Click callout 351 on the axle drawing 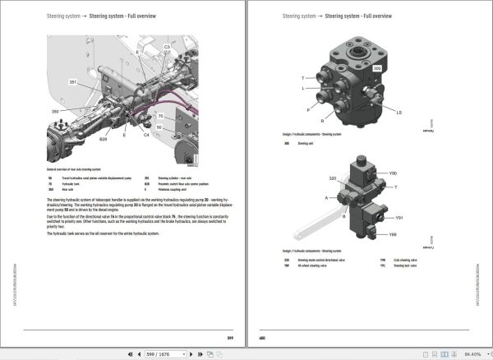point(72,83)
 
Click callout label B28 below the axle point(104,141)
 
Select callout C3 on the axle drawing point(167,48)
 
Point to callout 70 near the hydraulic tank point(161,117)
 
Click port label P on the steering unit point(309,108)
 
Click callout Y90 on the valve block point(393,174)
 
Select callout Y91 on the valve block point(399,218)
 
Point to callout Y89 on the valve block point(393,235)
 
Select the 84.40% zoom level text point(471,353)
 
